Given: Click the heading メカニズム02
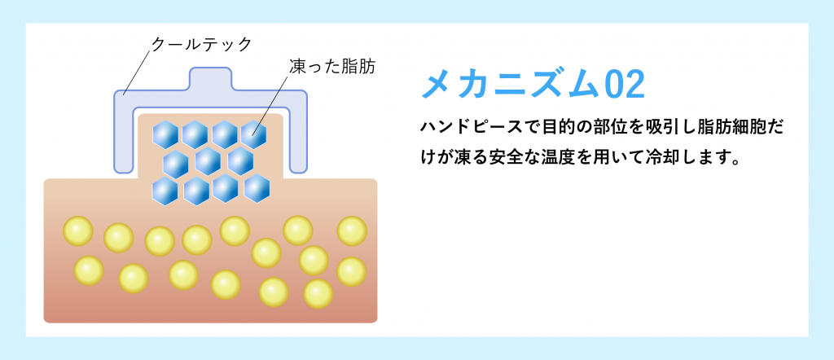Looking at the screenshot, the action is (533, 85).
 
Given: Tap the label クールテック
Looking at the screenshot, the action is (201, 44).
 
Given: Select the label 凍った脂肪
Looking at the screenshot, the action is (332, 66).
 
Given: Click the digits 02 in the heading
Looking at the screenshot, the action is (625, 85).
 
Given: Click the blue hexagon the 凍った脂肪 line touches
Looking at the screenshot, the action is (253, 134).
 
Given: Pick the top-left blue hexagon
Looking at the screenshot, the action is (165, 134).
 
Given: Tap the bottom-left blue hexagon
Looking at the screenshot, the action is (165, 191).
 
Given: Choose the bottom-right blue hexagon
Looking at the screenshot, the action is (257, 188).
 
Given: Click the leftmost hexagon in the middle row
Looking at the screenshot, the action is (176, 164).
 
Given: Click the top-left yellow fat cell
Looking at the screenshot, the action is (78, 231).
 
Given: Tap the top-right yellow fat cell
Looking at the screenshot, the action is (352, 231).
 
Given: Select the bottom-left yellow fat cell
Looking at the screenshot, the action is (89, 270).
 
